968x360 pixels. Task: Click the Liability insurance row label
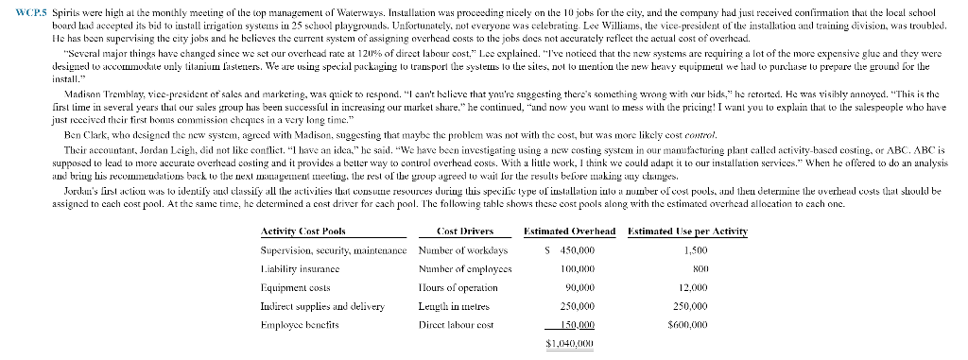click(295, 268)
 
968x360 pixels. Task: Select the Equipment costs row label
click(290, 287)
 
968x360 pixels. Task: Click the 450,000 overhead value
click(589, 250)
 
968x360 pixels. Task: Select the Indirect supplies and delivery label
click(311, 306)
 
